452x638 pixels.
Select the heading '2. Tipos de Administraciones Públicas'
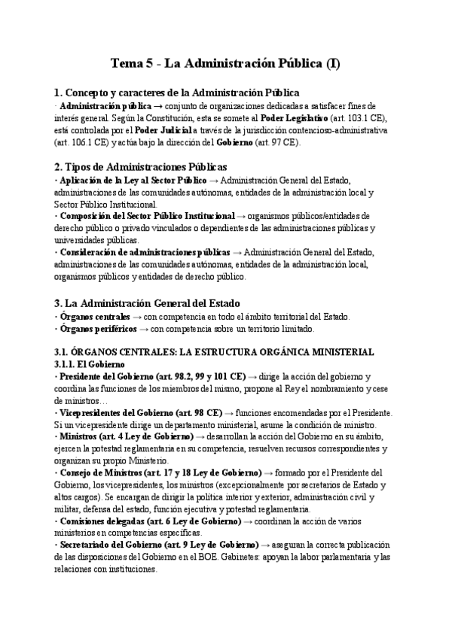(x=141, y=166)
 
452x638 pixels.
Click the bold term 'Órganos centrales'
(x=94, y=317)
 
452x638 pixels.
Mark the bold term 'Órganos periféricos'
(x=98, y=329)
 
